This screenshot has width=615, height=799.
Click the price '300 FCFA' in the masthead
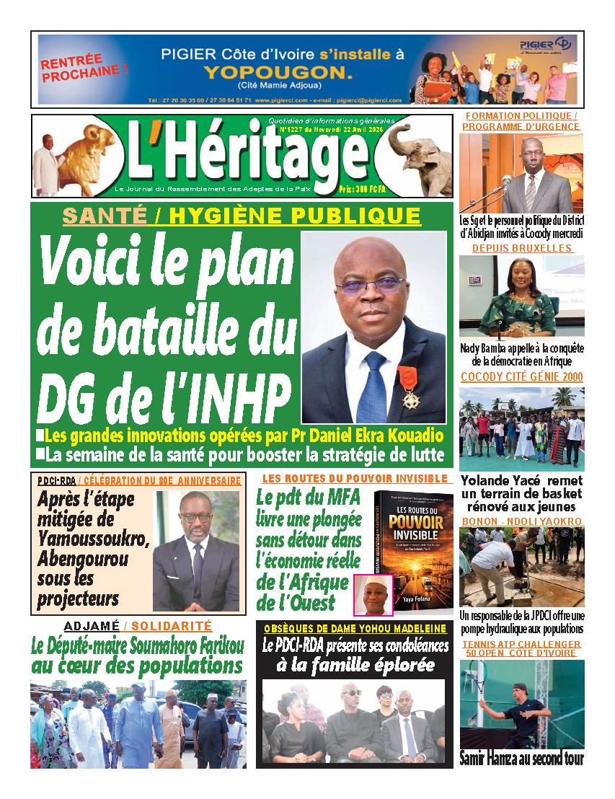tap(425, 187)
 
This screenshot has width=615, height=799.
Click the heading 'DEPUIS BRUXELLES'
tap(521, 248)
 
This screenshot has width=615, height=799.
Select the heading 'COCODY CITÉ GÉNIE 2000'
tap(521, 376)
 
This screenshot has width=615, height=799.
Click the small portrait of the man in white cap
tap(373, 594)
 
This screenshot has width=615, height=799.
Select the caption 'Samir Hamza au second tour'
tap(521, 758)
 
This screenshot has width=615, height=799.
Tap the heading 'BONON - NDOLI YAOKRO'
tap(521, 521)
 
